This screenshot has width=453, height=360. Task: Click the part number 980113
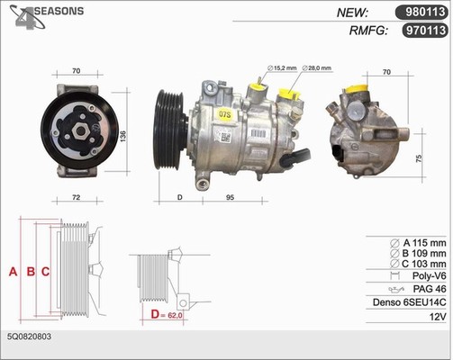[425, 12]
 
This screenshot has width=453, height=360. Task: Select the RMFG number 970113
[425, 31]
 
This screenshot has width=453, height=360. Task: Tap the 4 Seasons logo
[46, 17]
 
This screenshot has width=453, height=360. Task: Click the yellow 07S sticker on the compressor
[225, 114]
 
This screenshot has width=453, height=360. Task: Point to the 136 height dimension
[122, 136]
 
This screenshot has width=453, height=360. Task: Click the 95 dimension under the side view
[230, 197]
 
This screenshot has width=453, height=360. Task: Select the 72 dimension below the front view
[77, 197]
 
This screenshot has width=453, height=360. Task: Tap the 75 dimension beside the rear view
[419, 158]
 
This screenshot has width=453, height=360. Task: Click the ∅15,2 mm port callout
[282, 68]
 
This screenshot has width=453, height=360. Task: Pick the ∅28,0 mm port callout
[317, 68]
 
